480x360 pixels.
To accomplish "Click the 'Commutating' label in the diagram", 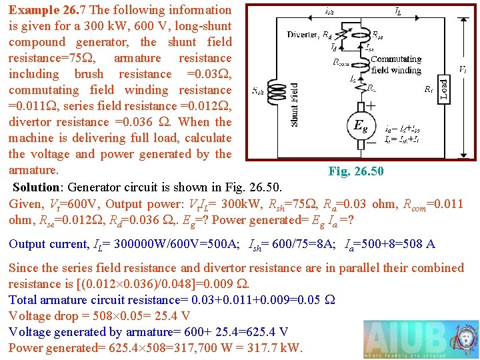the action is [x=396, y=59].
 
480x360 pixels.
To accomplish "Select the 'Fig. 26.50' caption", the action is [x=356, y=172].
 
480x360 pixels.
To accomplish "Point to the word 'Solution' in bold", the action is [x=39, y=186].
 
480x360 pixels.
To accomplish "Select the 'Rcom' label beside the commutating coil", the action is [x=342, y=63].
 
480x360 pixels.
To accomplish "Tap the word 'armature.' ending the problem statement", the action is [x=33, y=170].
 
